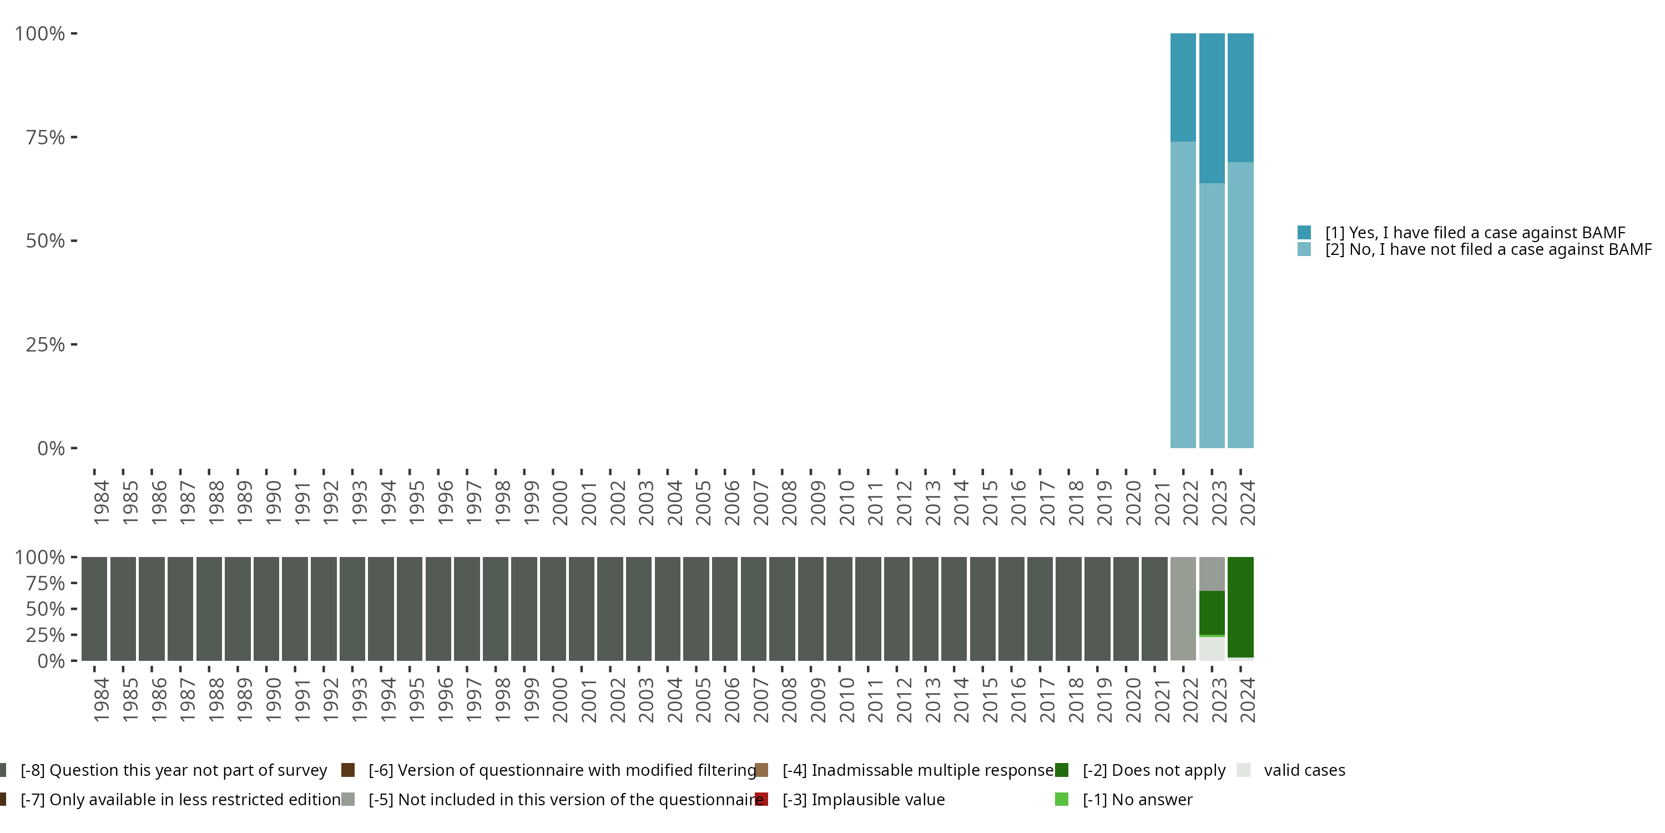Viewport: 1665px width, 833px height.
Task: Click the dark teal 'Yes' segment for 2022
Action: tap(1183, 87)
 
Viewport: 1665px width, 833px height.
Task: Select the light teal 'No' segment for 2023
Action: tap(1212, 315)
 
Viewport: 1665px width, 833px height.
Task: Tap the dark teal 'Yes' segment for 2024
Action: tap(1240, 98)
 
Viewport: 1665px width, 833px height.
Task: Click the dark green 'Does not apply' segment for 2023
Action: tap(1212, 613)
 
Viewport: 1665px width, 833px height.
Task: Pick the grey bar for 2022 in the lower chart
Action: tap(1183, 608)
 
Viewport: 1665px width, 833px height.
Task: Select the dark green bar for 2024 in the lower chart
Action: tap(1240, 606)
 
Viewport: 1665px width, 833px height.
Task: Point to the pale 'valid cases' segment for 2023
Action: tap(1212, 649)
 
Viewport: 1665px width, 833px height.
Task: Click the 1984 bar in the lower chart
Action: tap(94, 608)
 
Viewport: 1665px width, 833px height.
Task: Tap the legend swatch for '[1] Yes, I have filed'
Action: tap(1304, 232)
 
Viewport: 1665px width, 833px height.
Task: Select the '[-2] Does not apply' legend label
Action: tap(1154, 770)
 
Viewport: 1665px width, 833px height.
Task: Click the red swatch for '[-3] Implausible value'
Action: tap(762, 799)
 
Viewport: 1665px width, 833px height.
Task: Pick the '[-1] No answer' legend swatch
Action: tap(1061, 799)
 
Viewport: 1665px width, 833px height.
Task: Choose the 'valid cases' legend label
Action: tap(1304, 770)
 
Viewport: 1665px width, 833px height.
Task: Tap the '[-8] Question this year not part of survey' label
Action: tap(173, 770)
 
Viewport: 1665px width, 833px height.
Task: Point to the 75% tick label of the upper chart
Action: tap(46, 137)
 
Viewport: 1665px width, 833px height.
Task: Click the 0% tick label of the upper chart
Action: tap(51, 448)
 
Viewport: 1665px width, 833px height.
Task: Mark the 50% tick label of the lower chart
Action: tap(46, 609)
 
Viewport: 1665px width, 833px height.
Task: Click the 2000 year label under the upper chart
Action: tap(560, 503)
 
